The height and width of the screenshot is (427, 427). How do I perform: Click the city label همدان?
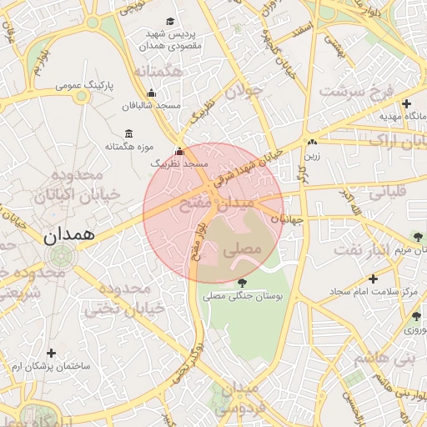click(x=70, y=236)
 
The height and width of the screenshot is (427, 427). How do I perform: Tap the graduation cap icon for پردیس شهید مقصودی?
click(x=171, y=21)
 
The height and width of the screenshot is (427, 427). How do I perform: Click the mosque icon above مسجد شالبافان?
click(x=151, y=93)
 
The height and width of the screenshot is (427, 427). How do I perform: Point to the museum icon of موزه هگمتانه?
click(x=128, y=134)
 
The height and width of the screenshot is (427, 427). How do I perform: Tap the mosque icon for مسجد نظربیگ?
click(x=179, y=152)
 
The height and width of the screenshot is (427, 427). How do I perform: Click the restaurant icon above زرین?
click(x=312, y=143)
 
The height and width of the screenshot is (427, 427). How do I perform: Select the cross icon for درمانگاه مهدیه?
click(x=406, y=104)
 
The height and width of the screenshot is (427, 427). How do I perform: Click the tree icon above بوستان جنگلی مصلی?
click(x=242, y=283)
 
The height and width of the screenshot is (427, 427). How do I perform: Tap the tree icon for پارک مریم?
click(x=417, y=237)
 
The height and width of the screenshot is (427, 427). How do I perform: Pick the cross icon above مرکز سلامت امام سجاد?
click(x=372, y=279)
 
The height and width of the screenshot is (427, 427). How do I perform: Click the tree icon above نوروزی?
click(x=415, y=316)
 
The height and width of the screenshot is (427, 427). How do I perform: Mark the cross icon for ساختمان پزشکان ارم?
click(x=52, y=353)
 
